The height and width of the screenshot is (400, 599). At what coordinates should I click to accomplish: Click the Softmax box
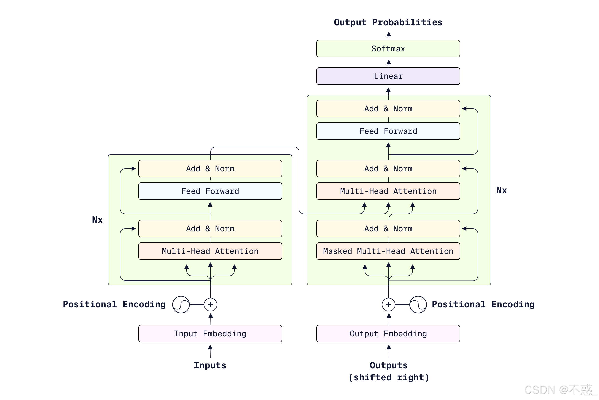(388, 49)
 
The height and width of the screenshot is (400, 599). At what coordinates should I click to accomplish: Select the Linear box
(388, 76)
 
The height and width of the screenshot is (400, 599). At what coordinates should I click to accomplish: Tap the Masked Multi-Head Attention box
(388, 251)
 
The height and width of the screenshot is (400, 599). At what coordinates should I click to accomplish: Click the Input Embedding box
(210, 334)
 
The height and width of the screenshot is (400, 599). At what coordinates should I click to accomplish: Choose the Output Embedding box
(388, 334)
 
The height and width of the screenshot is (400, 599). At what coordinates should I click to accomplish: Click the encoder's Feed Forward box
(210, 191)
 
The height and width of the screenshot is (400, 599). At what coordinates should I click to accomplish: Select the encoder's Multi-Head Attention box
(210, 251)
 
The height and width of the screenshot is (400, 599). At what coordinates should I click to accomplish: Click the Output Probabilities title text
(388, 22)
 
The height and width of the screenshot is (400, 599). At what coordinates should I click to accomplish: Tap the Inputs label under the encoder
(210, 365)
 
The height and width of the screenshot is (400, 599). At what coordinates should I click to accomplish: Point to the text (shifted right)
(389, 377)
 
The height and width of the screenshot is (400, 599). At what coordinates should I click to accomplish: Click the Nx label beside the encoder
(97, 220)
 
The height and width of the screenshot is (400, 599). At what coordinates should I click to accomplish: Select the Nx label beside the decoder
(502, 190)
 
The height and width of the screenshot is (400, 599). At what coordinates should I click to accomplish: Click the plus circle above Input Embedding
(211, 304)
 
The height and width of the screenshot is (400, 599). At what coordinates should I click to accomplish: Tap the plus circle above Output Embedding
(389, 304)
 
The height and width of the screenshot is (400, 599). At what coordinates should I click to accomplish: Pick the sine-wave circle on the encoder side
(181, 304)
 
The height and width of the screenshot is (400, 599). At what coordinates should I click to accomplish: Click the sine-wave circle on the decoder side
(418, 304)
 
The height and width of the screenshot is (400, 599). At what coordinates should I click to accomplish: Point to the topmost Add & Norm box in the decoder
(388, 109)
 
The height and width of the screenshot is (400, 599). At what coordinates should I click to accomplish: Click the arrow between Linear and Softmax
(389, 63)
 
